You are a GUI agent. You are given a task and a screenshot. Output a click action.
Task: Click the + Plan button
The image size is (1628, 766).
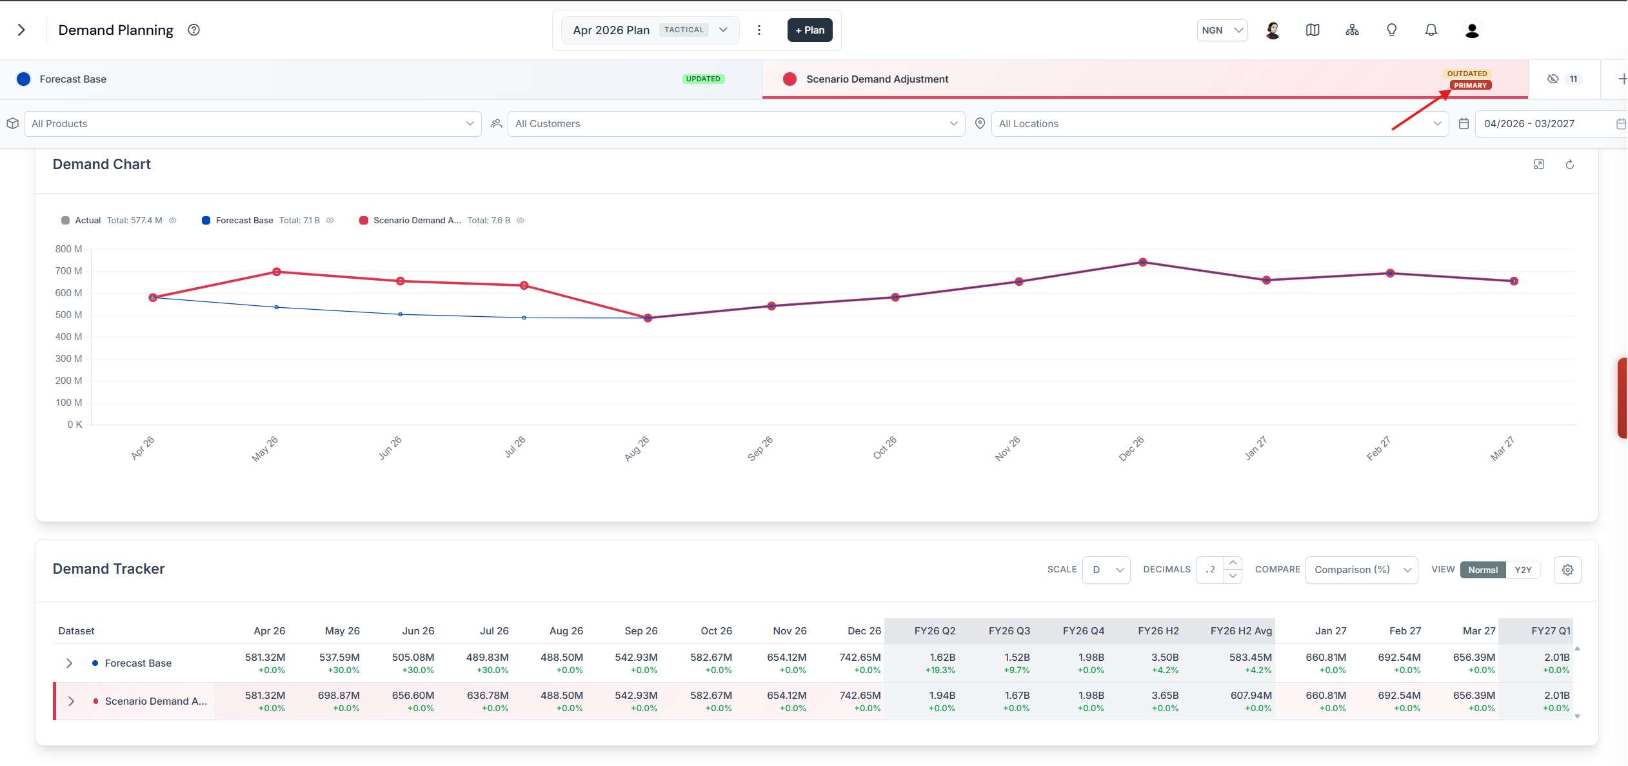pos(809,30)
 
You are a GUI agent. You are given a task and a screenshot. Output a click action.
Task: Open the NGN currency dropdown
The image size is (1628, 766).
pos(1222,30)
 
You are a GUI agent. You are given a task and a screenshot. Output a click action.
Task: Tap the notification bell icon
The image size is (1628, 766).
pos(1431,30)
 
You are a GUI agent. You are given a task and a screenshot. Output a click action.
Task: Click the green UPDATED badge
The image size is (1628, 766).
pos(703,79)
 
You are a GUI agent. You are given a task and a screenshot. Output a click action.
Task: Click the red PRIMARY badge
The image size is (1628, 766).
pos(1470,85)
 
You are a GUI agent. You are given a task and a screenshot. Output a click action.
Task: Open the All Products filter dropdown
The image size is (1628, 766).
pos(253,124)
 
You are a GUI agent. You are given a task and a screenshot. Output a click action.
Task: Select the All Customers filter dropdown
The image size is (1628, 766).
pos(736,124)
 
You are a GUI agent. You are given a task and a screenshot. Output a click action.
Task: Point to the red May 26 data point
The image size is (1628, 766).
pos(277,272)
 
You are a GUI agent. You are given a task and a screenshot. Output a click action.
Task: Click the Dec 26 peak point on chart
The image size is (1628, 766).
pos(1143,262)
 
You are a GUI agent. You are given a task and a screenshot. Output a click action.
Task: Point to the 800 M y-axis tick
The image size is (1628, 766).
pos(68,249)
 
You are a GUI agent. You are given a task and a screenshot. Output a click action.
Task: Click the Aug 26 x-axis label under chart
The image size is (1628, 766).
pos(637,449)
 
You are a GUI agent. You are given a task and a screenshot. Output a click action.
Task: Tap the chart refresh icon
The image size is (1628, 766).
pos(1570,165)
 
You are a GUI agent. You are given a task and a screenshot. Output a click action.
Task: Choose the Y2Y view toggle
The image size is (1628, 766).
pos(1523,570)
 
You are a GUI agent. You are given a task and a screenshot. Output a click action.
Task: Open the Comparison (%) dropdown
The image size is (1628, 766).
pos(1362,570)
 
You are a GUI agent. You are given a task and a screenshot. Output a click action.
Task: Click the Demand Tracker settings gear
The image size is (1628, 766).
pos(1567,570)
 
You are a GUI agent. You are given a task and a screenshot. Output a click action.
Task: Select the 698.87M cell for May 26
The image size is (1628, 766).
pos(339,696)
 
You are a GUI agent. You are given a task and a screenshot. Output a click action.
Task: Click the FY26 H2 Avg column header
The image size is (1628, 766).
pos(1241,631)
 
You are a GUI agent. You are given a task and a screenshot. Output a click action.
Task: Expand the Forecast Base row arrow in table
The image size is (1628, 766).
pos(70,663)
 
